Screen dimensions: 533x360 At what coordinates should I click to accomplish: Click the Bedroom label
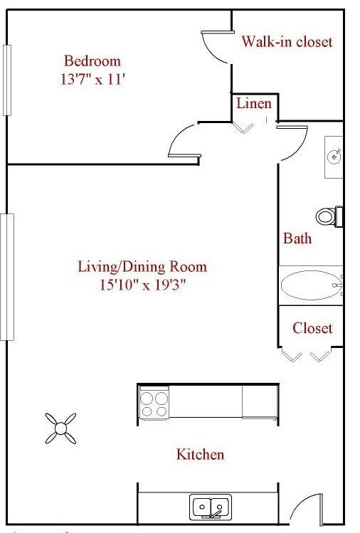pos(92,60)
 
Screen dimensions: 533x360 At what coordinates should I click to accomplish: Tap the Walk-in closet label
pos(286,41)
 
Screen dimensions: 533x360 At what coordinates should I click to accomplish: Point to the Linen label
pos(254,103)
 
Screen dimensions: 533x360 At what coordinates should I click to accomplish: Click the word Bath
pos(297,238)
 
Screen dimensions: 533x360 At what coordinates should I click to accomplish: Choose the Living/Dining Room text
pos(142,267)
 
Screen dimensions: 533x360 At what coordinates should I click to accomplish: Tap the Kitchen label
pos(201,454)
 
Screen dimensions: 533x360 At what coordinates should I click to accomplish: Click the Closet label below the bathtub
pos(312,328)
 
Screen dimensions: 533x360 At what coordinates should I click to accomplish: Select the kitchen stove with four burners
pos(154,403)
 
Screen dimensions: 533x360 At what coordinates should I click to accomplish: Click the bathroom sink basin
pos(334,156)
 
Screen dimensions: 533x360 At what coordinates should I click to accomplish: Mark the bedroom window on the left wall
pos(7,80)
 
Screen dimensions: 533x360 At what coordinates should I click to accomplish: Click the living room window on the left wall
pos(7,277)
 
